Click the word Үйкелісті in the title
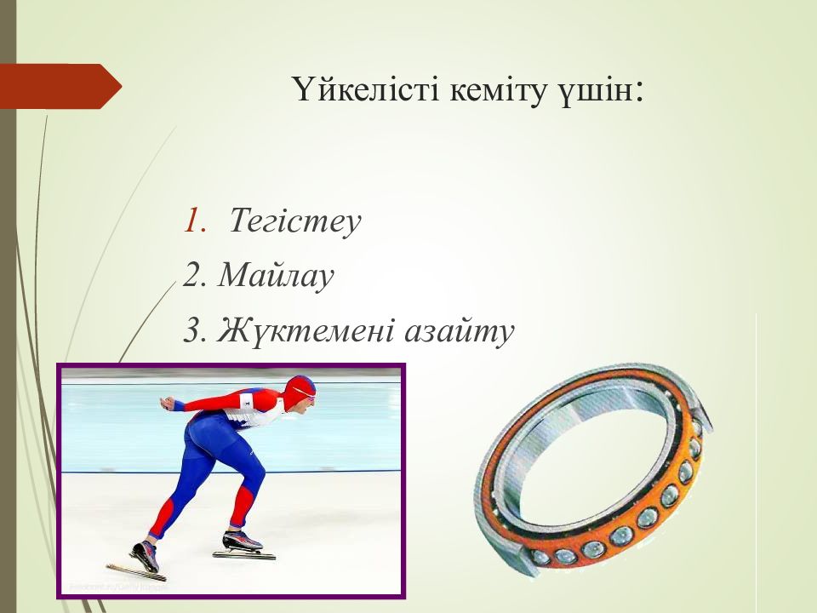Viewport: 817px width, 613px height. tap(366, 89)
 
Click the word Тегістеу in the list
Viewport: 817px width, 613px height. tap(295, 221)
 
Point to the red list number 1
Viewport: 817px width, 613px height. tap(194, 220)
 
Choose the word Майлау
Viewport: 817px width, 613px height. tap(276, 276)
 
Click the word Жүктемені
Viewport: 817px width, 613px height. tap(306, 330)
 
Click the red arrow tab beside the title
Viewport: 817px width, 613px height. tap(60, 86)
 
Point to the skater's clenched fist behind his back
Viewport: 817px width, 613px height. tap(168, 403)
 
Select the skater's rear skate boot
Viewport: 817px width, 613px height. tap(146, 554)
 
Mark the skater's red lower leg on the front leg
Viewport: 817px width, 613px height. tap(242, 507)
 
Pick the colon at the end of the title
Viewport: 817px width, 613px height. tap(639, 93)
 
